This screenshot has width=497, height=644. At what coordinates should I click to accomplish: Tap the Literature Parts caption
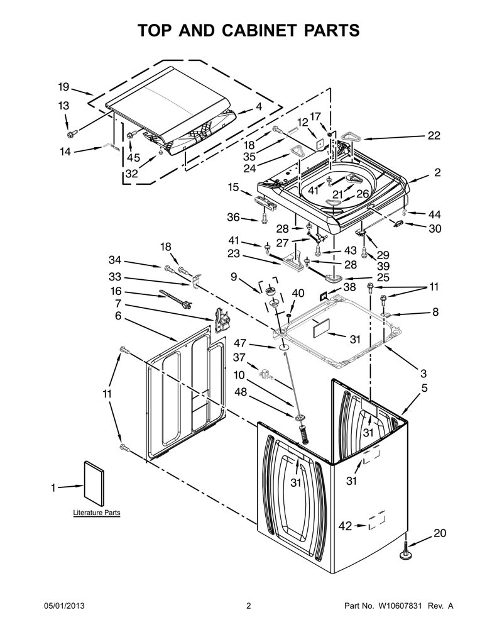click(96, 513)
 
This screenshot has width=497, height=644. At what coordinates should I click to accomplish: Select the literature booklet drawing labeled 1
click(94, 484)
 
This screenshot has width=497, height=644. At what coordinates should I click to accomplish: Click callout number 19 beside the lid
click(63, 87)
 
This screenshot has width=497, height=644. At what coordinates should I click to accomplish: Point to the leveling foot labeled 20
click(405, 550)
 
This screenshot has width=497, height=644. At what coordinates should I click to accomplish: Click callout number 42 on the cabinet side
click(346, 526)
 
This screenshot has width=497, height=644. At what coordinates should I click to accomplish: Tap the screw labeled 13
click(72, 133)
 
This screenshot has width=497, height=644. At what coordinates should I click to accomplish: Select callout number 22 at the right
click(434, 136)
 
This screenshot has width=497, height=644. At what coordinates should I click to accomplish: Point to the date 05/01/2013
click(64, 606)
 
